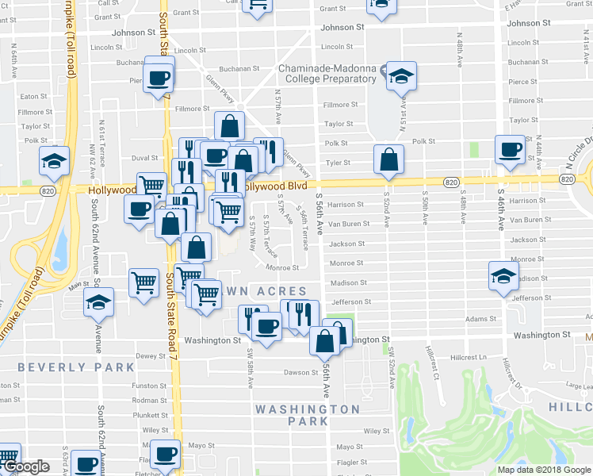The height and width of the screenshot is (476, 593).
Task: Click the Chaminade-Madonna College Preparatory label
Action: (327, 73)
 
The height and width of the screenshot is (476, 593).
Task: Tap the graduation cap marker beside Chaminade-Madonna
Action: (401, 76)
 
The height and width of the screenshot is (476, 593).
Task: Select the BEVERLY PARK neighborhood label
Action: (76, 367)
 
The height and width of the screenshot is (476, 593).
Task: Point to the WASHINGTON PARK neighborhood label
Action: (308, 415)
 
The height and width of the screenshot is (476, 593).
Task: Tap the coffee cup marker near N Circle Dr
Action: (509, 149)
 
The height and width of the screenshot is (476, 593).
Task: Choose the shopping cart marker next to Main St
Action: (143, 282)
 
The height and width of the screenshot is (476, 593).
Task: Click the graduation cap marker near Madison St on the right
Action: (502, 277)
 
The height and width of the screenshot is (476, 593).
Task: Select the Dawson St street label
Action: (300, 372)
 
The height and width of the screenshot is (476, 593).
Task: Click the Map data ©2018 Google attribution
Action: (545, 470)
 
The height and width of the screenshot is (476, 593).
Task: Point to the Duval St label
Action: (145, 158)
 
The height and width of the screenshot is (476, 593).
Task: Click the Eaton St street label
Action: (34, 97)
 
